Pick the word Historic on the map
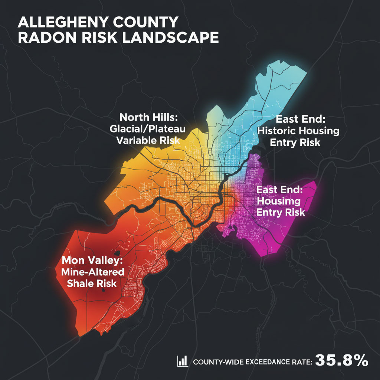280,131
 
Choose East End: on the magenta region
280,190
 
